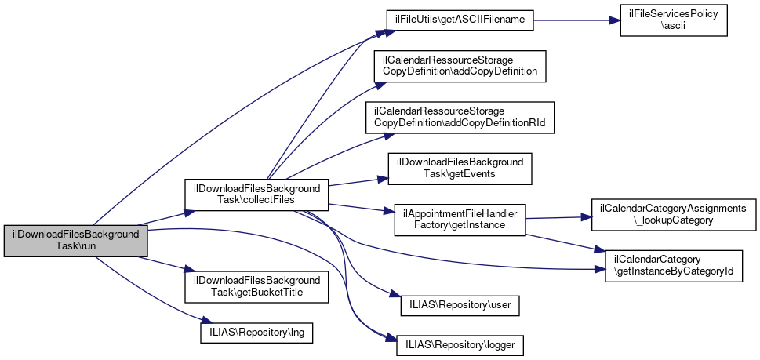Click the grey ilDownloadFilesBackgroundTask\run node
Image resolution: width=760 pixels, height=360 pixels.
[75, 241]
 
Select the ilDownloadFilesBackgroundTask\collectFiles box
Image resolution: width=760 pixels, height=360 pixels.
[255, 195]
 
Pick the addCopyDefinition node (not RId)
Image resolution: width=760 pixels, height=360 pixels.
[459, 65]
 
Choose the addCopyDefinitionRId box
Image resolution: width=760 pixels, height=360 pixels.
[459, 117]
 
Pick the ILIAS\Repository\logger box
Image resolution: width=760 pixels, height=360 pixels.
[460, 344]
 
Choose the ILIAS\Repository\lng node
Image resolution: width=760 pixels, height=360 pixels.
[256, 333]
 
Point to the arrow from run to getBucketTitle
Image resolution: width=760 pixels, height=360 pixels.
[165, 268]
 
